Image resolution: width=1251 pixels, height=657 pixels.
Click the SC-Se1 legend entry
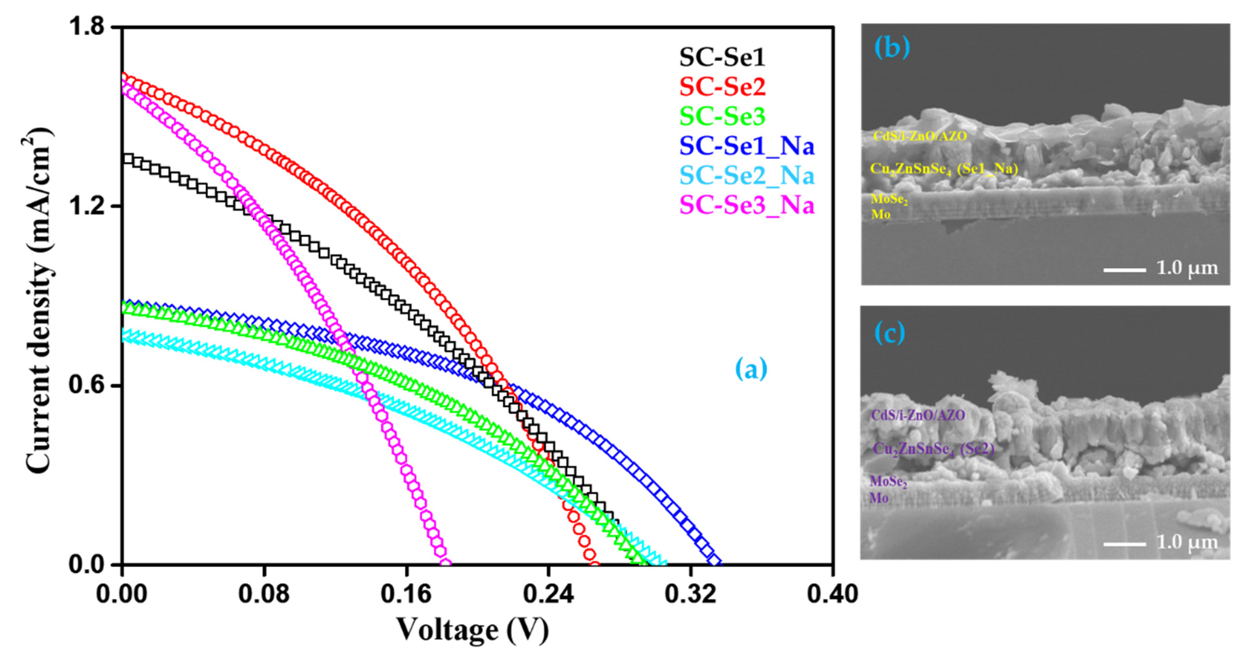(722, 57)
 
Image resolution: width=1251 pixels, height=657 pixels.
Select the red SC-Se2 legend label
(722, 87)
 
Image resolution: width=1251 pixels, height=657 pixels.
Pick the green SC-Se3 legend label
(722, 116)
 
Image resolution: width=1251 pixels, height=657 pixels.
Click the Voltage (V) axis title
(472, 630)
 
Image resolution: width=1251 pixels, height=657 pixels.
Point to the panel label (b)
(892, 48)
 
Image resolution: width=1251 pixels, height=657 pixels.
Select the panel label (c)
(890, 333)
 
